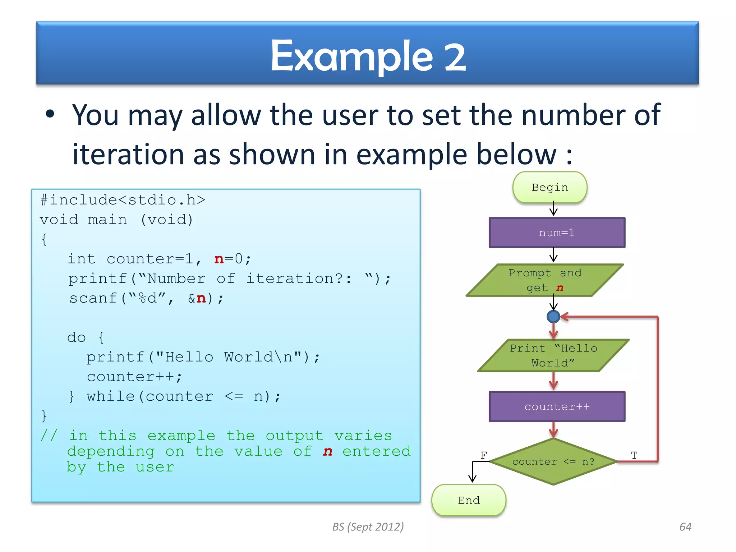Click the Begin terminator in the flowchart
549,188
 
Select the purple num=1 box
557,233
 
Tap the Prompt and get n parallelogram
545,280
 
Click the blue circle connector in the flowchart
553,317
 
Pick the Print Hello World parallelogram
553,355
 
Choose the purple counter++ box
557,407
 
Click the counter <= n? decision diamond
553,462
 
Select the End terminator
469,500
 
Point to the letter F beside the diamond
484,455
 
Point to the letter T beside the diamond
634,455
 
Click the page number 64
685,527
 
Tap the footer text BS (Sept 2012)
368,527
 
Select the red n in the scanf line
201,299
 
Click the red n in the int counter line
219,259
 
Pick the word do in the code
77,338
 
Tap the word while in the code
111,396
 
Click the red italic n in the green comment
327,452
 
